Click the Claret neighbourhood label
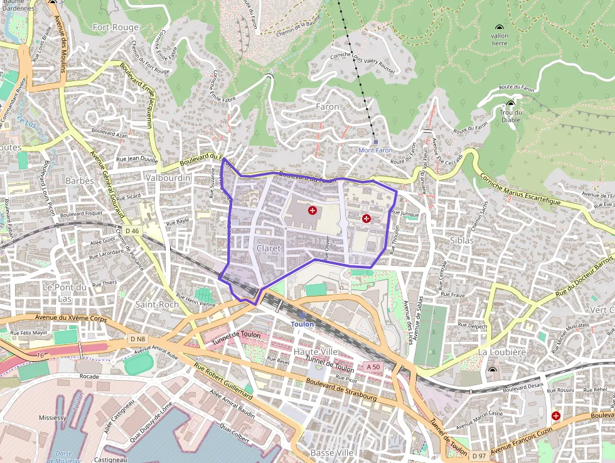(268, 248)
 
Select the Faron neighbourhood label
(327, 107)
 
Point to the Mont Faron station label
(375, 151)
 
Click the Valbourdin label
(167, 178)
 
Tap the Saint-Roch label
(157, 304)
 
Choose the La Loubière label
(502, 352)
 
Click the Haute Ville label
(316, 351)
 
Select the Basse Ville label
(332, 452)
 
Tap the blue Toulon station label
(302, 324)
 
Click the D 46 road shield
(132, 231)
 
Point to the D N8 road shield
(137, 339)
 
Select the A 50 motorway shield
(373, 367)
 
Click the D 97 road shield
(479, 455)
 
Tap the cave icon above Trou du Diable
(510, 104)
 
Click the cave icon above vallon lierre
(500, 28)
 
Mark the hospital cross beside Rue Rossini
(555, 415)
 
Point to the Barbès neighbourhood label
(80, 181)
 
